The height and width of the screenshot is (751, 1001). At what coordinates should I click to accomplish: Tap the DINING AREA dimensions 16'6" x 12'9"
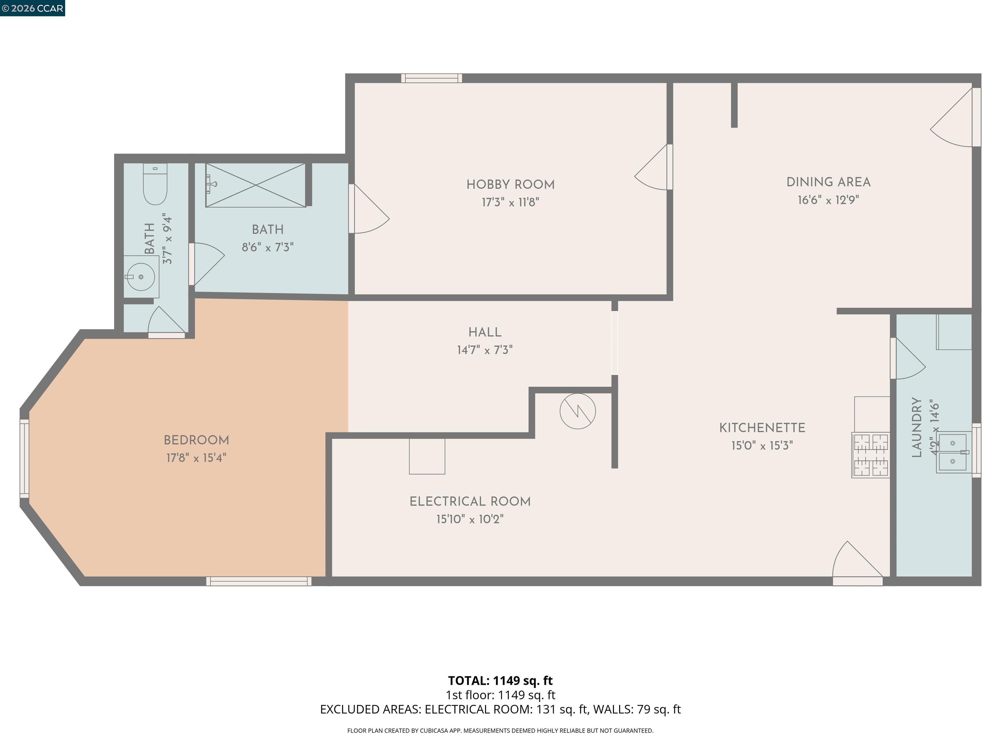click(828, 200)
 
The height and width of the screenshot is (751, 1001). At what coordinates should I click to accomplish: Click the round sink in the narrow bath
click(141, 276)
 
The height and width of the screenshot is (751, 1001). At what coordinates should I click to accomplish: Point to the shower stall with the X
click(256, 185)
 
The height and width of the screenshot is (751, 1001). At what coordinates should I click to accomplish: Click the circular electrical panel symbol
click(577, 411)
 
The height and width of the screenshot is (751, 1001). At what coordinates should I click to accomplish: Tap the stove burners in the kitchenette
click(870, 455)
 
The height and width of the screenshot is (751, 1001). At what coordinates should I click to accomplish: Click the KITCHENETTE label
click(762, 428)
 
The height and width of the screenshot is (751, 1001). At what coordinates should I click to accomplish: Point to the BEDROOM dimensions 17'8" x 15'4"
click(196, 458)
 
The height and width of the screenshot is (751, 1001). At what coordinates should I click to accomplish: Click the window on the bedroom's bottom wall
click(258, 581)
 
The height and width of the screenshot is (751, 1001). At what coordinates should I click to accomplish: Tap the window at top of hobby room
click(431, 78)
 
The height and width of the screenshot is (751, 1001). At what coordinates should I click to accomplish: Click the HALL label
click(485, 332)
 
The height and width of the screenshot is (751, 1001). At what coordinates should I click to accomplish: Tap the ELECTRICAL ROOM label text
click(470, 502)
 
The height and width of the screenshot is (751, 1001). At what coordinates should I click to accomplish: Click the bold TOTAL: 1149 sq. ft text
click(500, 680)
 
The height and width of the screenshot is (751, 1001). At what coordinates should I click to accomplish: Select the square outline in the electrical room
click(427, 456)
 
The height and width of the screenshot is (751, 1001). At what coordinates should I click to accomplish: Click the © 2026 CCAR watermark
click(32, 8)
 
